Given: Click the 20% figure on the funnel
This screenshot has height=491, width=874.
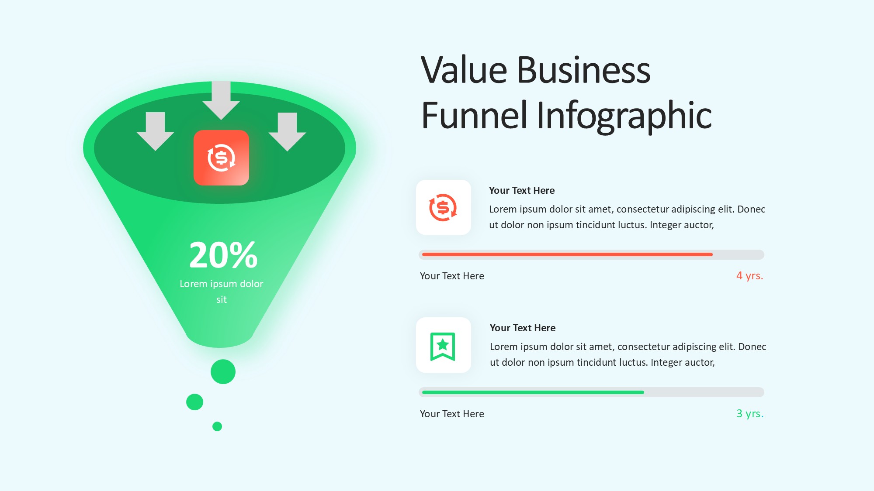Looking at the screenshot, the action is click(x=223, y=255).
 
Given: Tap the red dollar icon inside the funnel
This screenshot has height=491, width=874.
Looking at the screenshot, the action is click(x=222, y=158).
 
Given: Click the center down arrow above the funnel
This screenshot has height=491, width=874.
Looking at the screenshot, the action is click(x=221, y=100).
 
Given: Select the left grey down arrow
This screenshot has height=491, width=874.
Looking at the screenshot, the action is click(x=155, y=131).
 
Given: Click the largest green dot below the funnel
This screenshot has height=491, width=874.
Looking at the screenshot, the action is click(x=223, y=372).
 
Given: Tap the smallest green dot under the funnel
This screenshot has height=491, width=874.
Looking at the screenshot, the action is click(x=217, y=426).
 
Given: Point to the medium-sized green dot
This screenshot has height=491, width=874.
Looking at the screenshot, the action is click(x=194, y=402).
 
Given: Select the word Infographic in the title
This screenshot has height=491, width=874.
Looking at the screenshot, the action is click(x=624, y=115).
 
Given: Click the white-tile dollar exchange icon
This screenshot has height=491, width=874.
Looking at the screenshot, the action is click(x=443, y=207).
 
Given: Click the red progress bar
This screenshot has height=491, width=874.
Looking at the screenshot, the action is click(x=567, y=254).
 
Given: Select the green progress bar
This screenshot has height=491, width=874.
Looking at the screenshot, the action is click(x=533, y=392).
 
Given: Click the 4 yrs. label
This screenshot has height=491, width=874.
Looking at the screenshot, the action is click(x=749, y=276).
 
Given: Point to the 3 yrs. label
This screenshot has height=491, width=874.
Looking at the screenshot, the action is click(x=750, y=414).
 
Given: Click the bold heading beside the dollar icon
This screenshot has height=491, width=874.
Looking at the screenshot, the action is click(x=522, y=190).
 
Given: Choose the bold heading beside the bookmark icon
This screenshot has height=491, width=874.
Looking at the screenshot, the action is click(x=523, y=328).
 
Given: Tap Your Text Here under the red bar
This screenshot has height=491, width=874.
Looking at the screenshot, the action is click(x=452, y=276).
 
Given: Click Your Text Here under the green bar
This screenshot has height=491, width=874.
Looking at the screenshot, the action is click(x=452, y=414).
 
